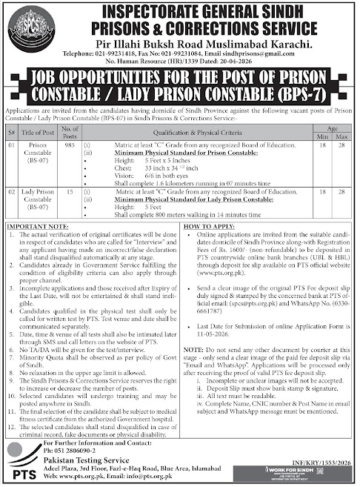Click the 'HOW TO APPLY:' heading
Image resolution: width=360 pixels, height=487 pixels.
click(208, 222)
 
